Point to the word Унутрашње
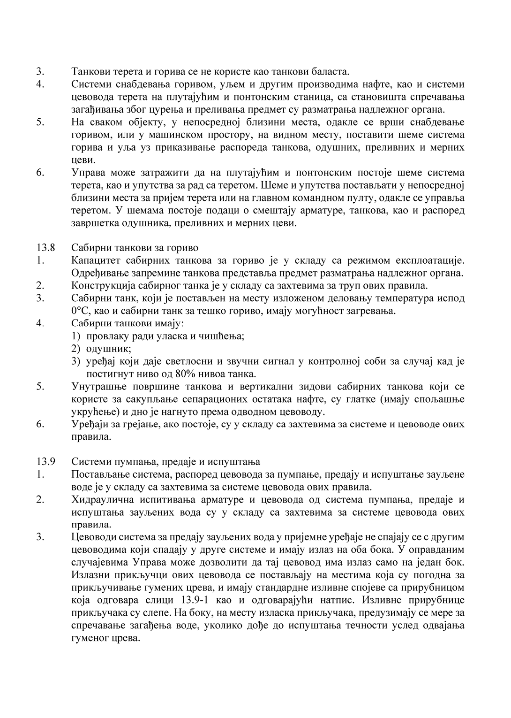coord(98,387)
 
